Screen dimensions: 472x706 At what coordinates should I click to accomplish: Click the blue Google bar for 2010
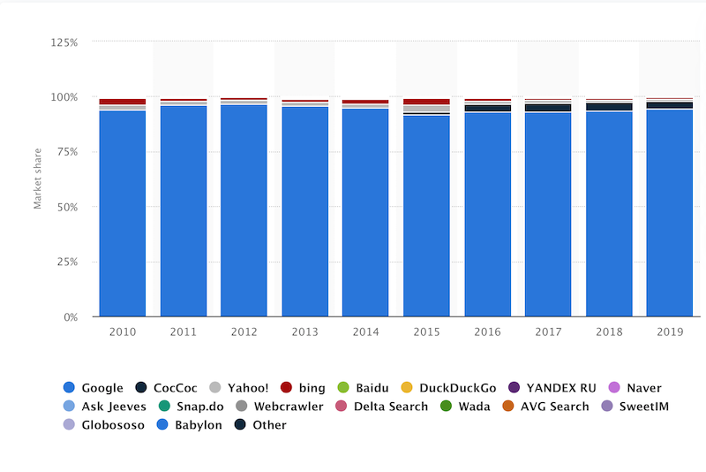(x=123, y=213)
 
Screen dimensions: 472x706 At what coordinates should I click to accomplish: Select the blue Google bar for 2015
(x=426, y=216)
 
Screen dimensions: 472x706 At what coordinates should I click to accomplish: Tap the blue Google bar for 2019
(x=669, y=213)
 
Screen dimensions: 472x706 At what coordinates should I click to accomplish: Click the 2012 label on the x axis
(x=244, y=331)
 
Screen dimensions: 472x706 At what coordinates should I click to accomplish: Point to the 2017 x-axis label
(x=547, y=331)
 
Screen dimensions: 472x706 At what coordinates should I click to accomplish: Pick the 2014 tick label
(x=365, y=331)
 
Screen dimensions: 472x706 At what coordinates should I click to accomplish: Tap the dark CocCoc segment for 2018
(x=608, y=107)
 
